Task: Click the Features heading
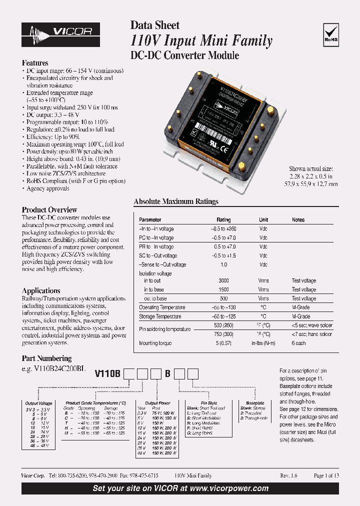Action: (x=35, y=63)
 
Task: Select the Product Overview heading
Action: (x=49, y=210)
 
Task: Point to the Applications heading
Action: (x=41, y=290)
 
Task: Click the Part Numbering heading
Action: (x=46, y=358)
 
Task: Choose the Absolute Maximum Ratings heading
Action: (x=176, y=201)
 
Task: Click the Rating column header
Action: (x=223, y=220)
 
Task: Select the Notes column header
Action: (x=298, y=220)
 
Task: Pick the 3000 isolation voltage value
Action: (x=223, y=281)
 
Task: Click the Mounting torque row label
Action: (x=155, y=343)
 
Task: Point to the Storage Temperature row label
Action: (x=160, y=317)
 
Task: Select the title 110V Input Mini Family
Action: (x=201, y=40)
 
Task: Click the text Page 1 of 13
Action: (x=326, y=476)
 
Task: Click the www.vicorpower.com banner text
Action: (x=229, y=488)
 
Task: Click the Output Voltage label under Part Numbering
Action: (x=38, y=403)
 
